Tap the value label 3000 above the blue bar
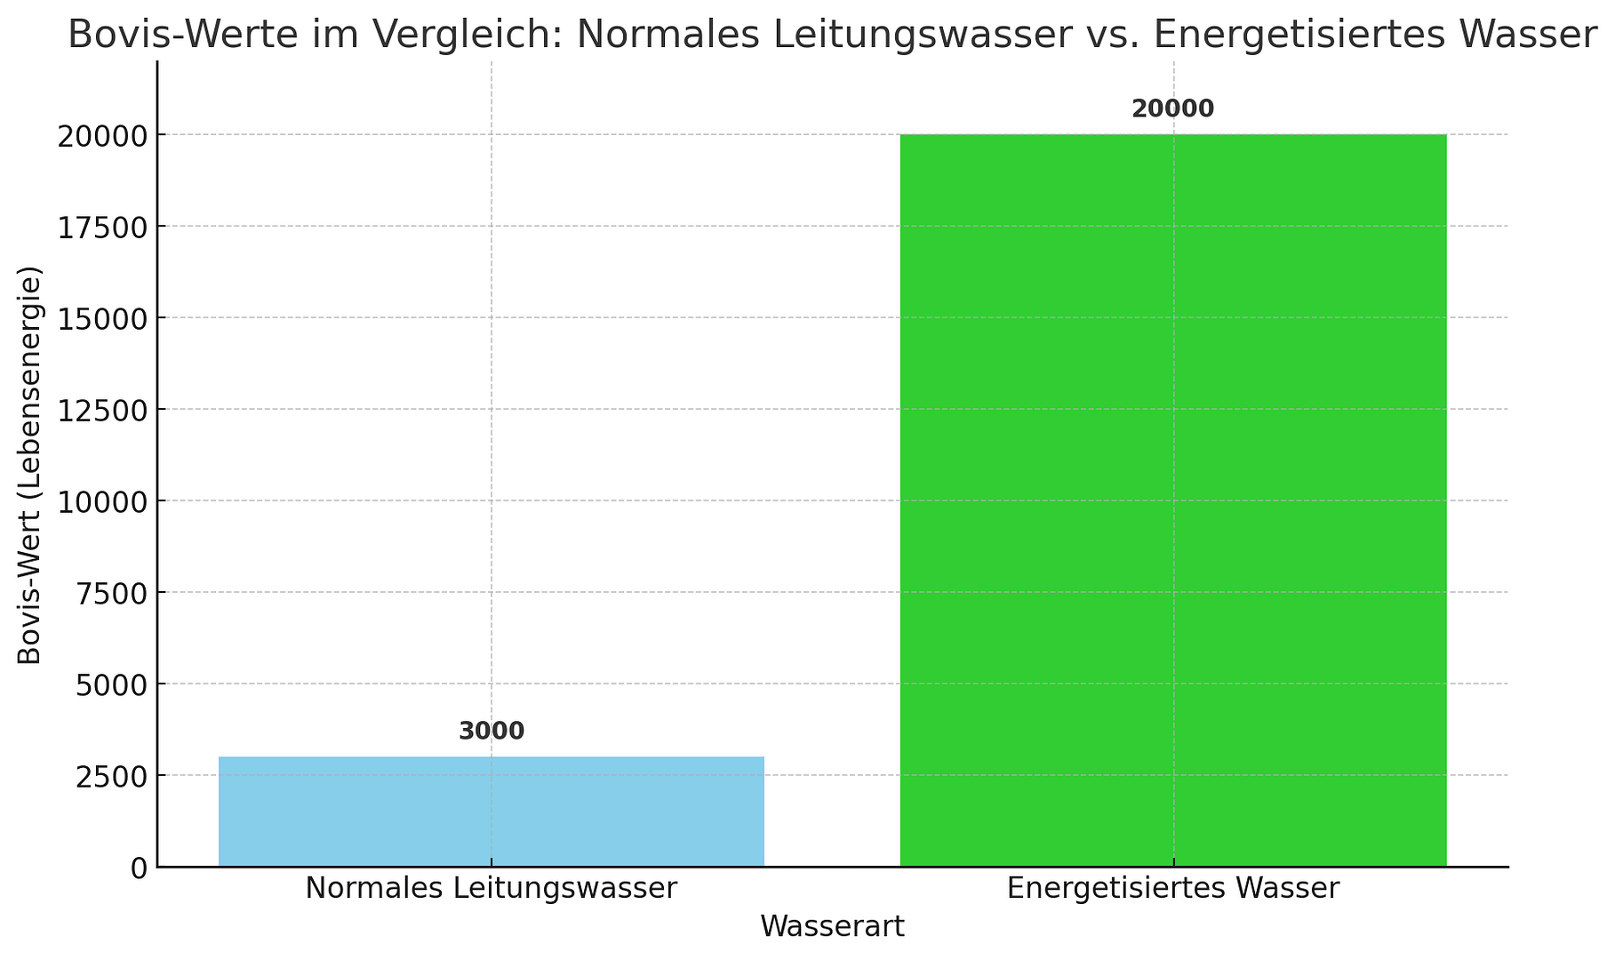[492, 732]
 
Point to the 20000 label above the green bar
[1172, 109]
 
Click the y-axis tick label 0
[139, 868]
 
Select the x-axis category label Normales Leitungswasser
[492, 889]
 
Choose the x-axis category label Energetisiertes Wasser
[1172, 889]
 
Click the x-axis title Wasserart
[832, 927]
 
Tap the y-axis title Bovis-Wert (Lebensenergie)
[30, 465]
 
